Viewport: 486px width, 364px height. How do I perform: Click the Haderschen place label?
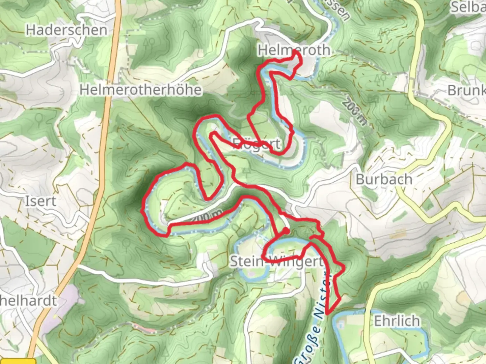(x=66, y=30)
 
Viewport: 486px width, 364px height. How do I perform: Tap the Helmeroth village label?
(x=294, y=50)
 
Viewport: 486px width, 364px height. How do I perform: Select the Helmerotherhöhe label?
(x=141, y=90)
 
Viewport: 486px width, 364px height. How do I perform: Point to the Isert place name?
(x=40, y=201)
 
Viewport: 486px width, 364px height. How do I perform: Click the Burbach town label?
(x=384, y=179)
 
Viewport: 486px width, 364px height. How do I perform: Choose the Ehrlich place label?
(x=397, y=321)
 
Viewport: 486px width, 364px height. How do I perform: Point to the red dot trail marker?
(x=286, y=231)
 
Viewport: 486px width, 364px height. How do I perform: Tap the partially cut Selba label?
(x=468, y=7)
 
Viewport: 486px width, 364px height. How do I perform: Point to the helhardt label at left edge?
(x=28, y=301)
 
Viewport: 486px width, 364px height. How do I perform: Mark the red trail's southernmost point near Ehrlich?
(x=327, y=315)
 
